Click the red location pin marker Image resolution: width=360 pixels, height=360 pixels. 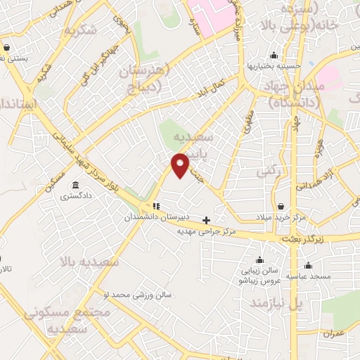coord(181,165)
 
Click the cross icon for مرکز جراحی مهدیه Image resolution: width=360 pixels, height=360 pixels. coord(206,220)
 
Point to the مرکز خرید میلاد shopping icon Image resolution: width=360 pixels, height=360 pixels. coord(282,207)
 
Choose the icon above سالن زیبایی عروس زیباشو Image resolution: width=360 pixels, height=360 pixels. coord(260,259)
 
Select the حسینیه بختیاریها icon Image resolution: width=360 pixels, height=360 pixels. coord(274,56)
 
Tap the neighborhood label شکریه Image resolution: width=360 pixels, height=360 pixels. coord(79,31)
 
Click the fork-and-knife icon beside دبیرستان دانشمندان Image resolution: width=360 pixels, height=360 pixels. coord(156,207)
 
